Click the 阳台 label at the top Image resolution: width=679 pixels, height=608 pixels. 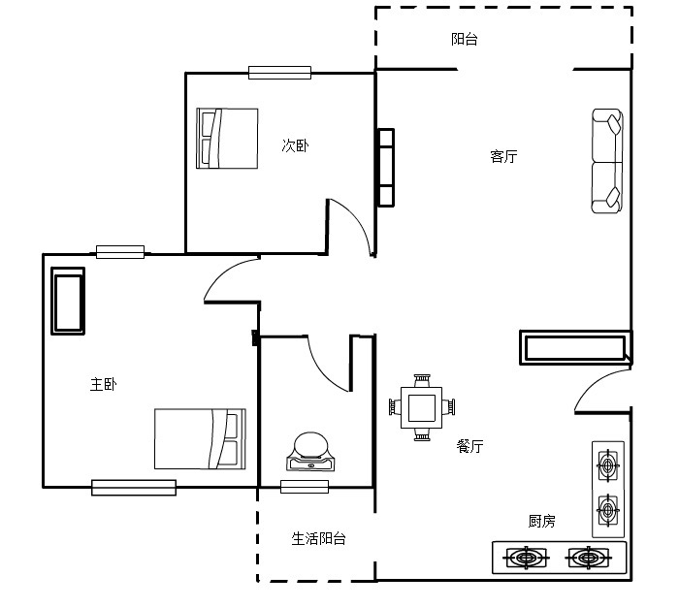(465, 40)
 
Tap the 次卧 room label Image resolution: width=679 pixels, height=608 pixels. (295, 145)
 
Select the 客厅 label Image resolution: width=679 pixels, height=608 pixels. (503, 156)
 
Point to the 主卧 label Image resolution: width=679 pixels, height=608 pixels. (103, 384)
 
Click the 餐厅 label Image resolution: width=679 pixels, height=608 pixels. (469, 446)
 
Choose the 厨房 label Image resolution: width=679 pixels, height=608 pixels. (541, 521)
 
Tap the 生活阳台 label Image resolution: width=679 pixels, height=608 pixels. (319, 539)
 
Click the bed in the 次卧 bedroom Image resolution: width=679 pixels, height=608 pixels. (227, 138)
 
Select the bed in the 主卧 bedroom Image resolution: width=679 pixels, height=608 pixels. (200, 438)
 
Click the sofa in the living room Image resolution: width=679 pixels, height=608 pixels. (607, 161)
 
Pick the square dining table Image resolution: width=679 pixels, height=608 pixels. (422, 408)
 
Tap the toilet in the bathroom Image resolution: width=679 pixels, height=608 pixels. (310, 452)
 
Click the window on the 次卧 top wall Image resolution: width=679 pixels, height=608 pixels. (279, 73)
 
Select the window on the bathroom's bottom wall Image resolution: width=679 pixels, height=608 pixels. (305, 487)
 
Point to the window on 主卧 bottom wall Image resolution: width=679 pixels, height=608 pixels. (134, 488)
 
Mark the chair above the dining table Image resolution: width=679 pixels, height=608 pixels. (422, 381)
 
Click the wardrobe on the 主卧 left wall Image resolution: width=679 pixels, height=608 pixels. (68, 301)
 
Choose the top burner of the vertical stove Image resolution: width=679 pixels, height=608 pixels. (608, 465)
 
